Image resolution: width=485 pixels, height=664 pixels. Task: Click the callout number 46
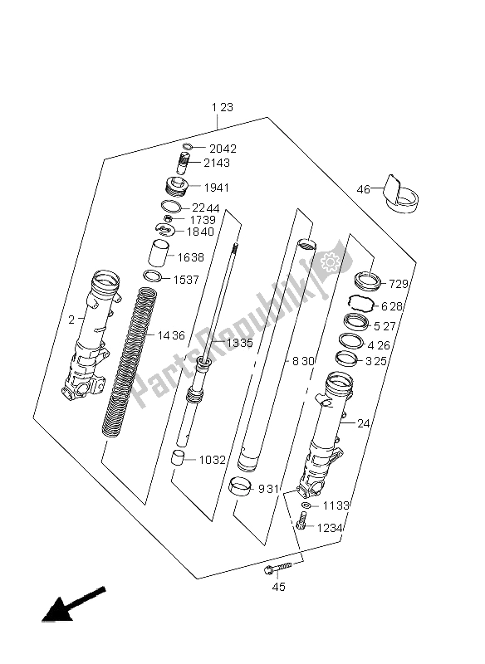click(x=363, y=189)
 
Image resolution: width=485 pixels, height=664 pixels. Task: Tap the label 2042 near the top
click(x=223, y=149)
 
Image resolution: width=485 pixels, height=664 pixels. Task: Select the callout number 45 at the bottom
click(x=279, y=587)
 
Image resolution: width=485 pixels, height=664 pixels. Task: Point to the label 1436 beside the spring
click(x=171, y=335)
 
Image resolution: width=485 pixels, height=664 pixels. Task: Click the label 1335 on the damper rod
click(x=240, y=343)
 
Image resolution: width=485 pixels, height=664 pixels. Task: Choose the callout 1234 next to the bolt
click(x=330, y=528)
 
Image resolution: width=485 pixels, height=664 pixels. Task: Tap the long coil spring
click(x=129, y=362)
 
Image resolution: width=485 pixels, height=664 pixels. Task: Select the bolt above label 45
click(x=278, y=568)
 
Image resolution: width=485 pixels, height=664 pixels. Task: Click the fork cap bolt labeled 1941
click(x=177, y=186)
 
